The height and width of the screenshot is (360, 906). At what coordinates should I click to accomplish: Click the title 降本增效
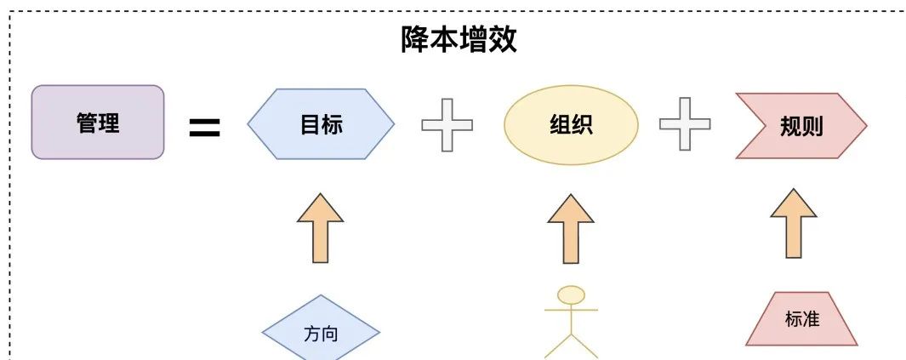(459, 40)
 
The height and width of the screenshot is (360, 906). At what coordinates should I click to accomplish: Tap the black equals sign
(204, 129)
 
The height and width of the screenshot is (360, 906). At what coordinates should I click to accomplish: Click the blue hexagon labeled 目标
(321, 124)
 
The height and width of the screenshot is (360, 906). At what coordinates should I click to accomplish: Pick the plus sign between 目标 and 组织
(447, 125)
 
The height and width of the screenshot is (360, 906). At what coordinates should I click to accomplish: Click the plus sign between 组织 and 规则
(685, 125)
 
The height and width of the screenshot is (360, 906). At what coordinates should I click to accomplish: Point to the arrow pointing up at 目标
(321, 227)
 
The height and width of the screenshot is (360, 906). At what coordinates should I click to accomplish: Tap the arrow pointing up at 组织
(571, 228)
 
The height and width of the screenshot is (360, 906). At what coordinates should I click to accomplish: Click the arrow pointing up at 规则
(794, 223)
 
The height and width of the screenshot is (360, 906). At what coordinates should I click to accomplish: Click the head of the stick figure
(572, 295)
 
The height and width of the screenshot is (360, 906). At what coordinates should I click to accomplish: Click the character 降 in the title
(416, 40)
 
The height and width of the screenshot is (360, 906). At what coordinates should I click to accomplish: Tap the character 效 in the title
(503, 40)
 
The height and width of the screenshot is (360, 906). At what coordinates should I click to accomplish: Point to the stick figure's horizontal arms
(572, 309)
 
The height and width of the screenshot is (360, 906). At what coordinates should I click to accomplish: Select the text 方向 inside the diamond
(321, 333)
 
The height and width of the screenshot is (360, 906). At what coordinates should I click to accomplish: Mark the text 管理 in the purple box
(98, 123)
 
